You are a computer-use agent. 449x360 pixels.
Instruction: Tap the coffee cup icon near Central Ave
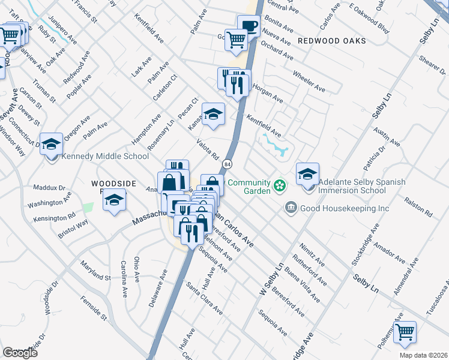[x=249, y=26]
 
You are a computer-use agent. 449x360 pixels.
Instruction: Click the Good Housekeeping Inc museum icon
[x=291, y=208]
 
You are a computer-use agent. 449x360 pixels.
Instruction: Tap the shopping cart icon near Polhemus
[x=406, y=331]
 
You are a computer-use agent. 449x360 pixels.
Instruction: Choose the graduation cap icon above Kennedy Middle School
[x=52, y=143]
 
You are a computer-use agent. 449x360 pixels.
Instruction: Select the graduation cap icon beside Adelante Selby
[x=307, y=173]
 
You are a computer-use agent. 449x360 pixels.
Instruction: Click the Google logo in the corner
[x=20, y=353]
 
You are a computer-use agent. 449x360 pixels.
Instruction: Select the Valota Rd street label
[x=208, y=149]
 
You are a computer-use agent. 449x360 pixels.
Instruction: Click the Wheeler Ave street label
[x=309, y=81]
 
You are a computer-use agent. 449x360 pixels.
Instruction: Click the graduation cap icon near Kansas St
[x=213, y=115]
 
